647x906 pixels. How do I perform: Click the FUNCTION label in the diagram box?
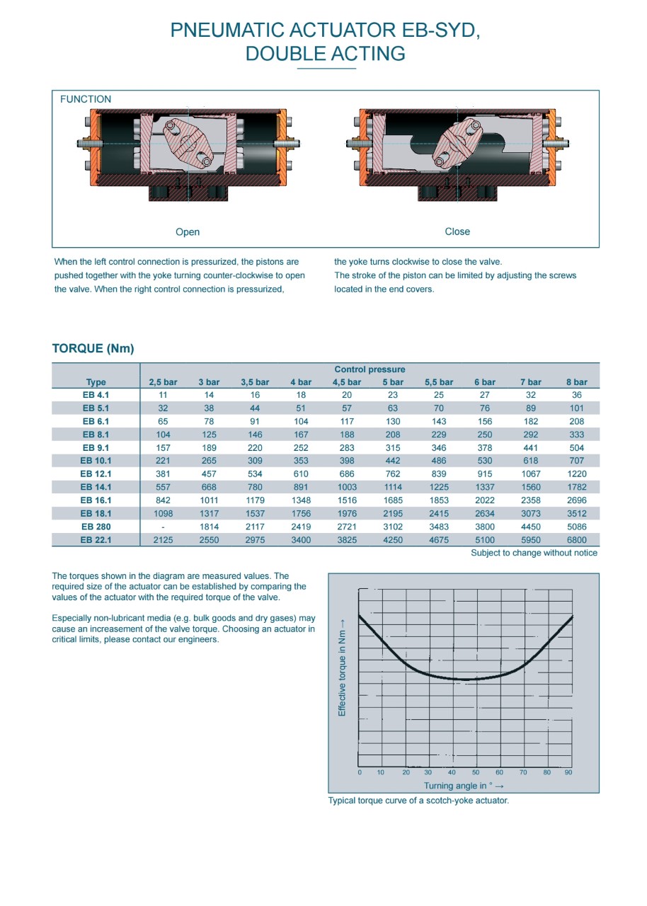[86, 99]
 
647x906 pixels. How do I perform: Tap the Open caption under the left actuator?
[188, 232]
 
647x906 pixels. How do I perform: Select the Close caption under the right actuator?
[457, 231]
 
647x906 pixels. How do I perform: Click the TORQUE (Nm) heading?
[93, 348]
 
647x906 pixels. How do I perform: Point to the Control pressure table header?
[370, 369]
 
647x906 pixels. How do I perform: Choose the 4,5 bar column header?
[347, 382]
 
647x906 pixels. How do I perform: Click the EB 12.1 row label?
[96, 474]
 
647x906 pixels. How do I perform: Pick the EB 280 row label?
[96, 527]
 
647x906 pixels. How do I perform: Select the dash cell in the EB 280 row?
[163, 527]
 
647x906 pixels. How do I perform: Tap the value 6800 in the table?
[576, 540]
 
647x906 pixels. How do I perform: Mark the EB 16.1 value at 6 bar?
[485, 500]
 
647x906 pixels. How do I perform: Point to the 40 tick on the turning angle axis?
[452, 772]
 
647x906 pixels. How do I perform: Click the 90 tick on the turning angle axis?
[568, 772]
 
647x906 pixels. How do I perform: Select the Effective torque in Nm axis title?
[342, 667]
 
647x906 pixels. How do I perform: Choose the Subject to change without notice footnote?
[534, 553]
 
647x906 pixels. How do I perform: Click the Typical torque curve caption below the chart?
[418, 801]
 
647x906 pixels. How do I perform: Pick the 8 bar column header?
[576, 382]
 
